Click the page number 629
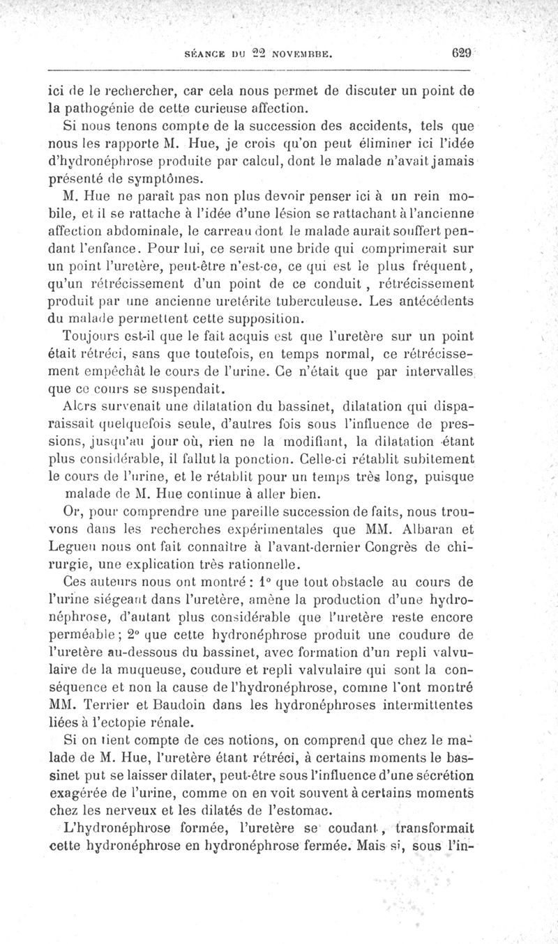coord(462,52)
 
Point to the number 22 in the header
coord(249,52)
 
